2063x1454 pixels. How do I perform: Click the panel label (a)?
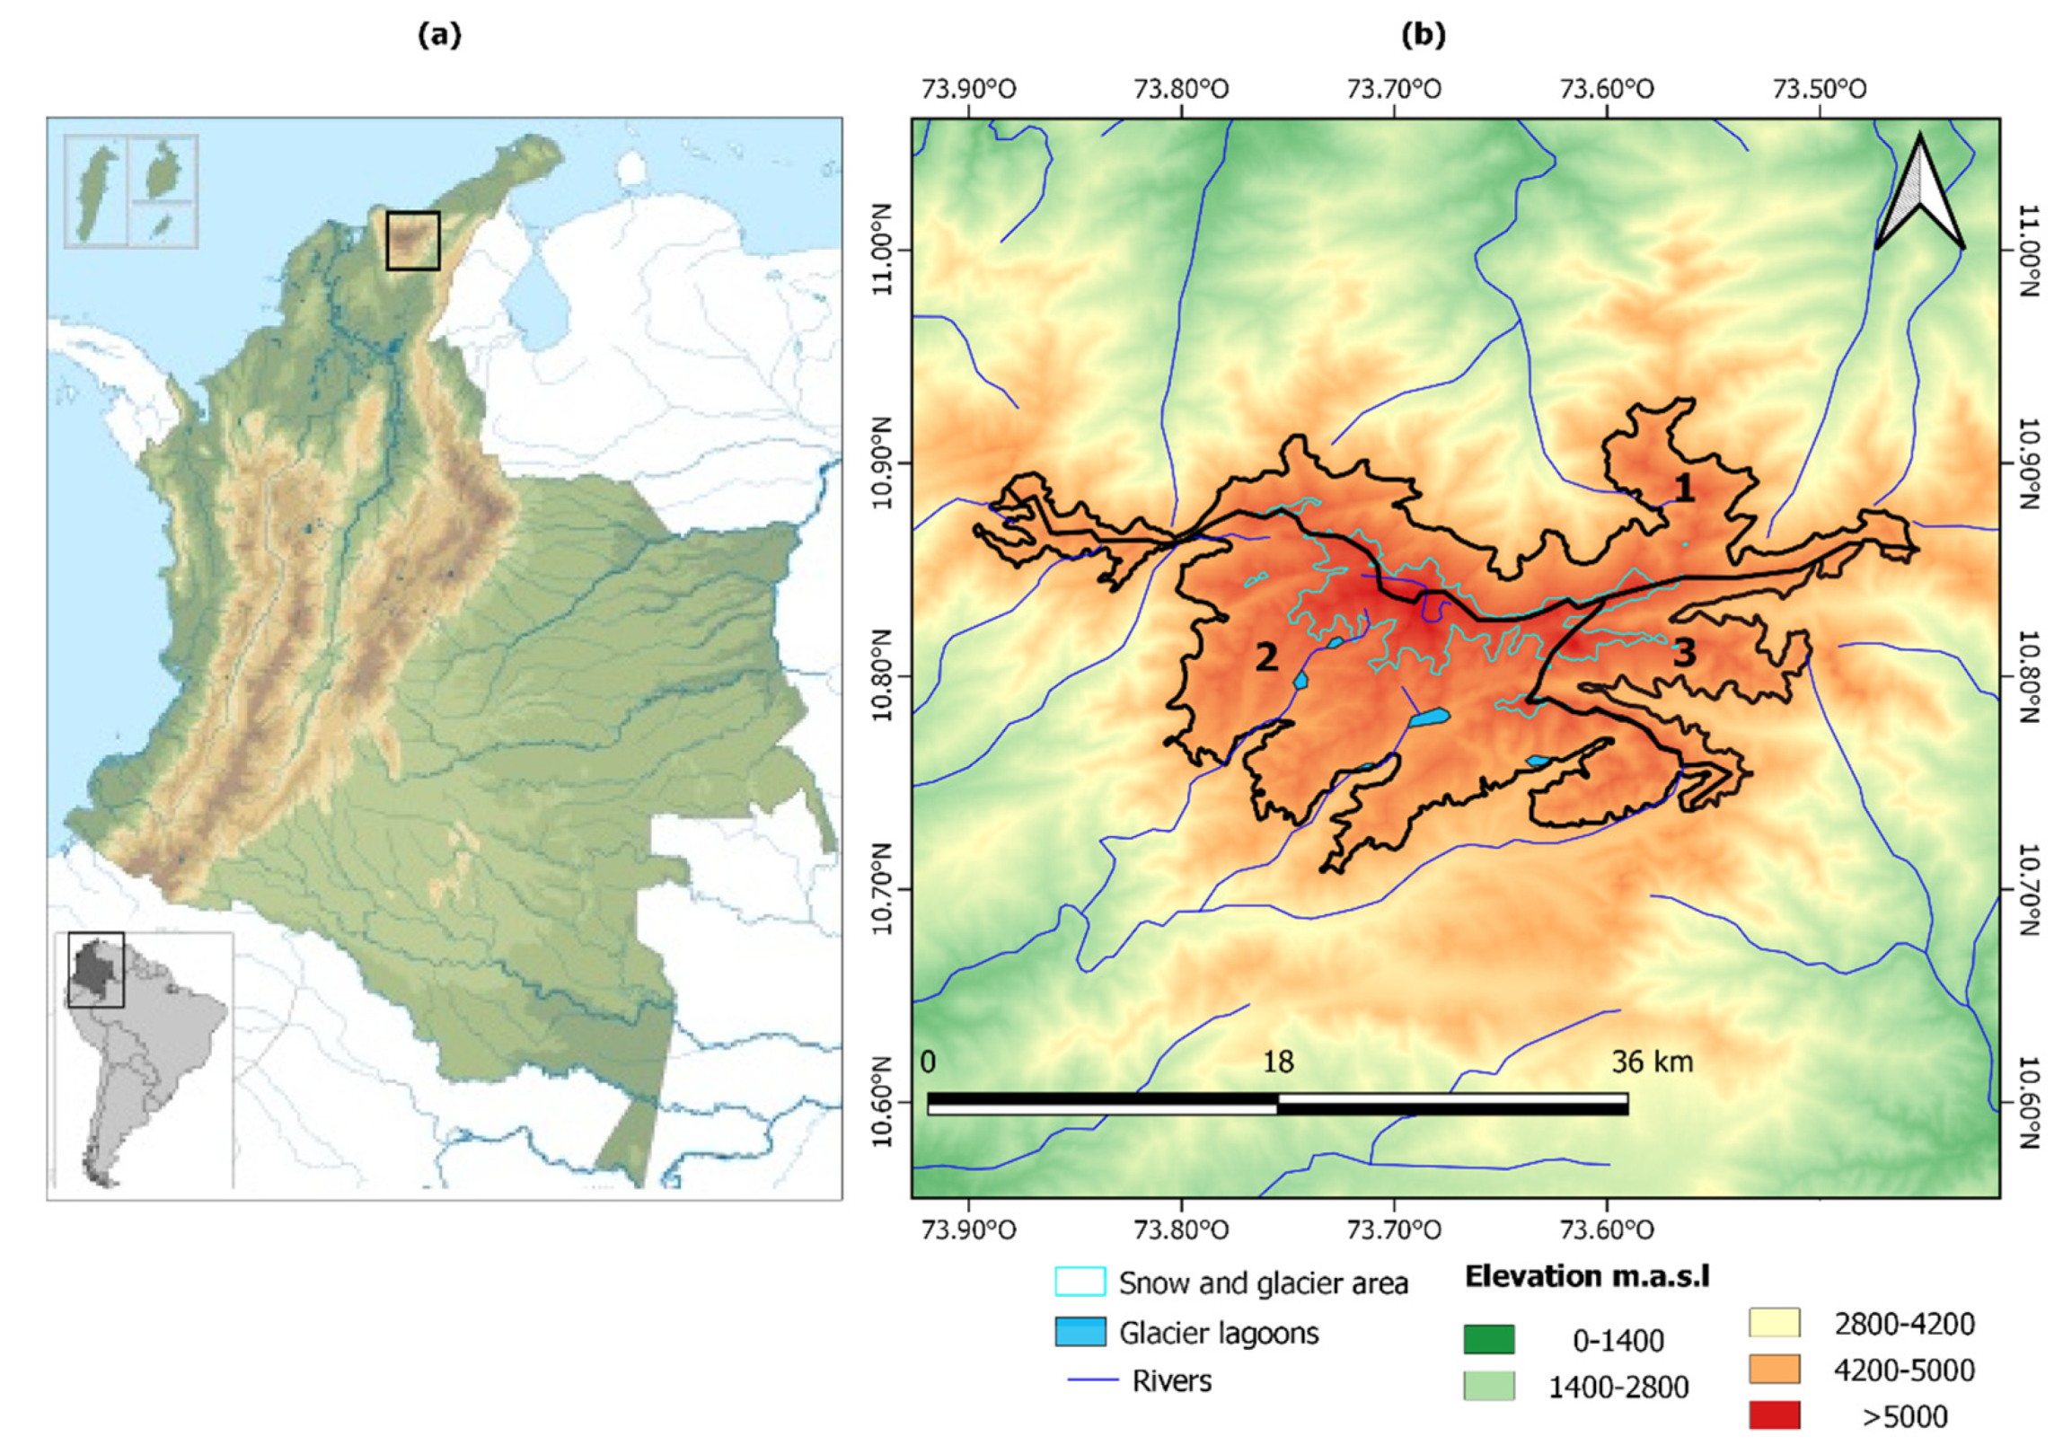tap(439, 35)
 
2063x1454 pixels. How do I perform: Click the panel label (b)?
tap(1424, 35)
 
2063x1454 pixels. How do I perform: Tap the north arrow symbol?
tap(1919, 193)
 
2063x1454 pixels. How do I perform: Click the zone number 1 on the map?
tap(1683, 488)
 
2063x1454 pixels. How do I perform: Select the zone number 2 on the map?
tap(1266, 657)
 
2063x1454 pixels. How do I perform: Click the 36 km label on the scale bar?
tap(1652, 1062)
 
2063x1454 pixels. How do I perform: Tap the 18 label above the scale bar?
tap(1278, 1062)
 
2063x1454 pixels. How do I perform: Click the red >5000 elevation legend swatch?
tap(1774, 1415)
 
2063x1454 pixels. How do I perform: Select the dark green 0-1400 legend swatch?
tap(1488, 1339)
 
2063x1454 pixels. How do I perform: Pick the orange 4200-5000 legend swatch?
tap(1774, 1369)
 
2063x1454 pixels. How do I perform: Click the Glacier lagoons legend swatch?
tap(1080, 1332)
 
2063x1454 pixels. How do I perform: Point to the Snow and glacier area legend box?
tap(1080, 1282)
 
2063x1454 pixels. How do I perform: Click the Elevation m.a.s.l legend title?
tap(1587, 1276)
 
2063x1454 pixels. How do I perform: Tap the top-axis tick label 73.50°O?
tap(1819, 90)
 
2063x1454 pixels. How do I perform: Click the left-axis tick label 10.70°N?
tap(881, 890)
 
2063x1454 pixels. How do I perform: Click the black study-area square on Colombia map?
tap(412, 241)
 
